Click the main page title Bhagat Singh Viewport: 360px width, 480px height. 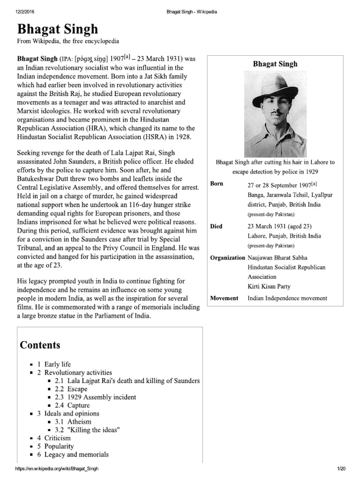[x=58, y=29]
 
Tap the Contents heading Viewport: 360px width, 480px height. [x=40, y=345]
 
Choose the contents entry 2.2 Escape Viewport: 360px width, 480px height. [x=71, y=389]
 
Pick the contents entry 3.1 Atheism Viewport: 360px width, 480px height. [x=73, y=421]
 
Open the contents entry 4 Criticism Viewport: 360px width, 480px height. [x=55, y=438]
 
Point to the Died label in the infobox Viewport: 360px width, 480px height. [x=217, y=226]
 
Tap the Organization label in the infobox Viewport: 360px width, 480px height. [x=228, y=257]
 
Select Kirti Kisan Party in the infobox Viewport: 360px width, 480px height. [x=269, y=286]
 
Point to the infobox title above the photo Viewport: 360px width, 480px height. [x=275, y=64]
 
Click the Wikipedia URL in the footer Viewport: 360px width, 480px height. [x=57, y=469]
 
